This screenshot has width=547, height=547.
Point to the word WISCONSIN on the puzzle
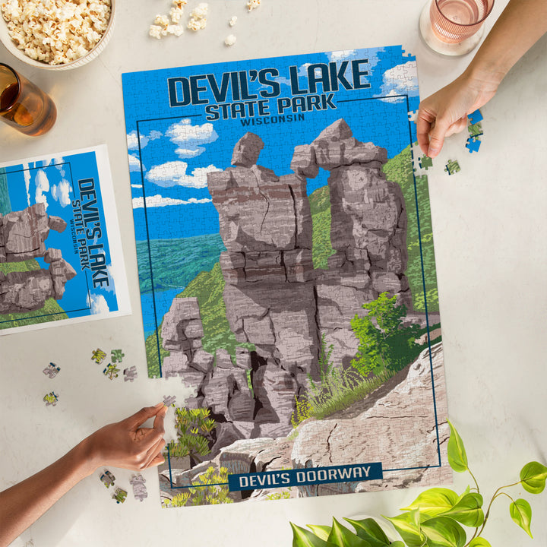point(271,119)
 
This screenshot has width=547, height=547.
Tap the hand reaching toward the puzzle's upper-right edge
point(447,106)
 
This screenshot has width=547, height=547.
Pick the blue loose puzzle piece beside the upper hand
point(473,143)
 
